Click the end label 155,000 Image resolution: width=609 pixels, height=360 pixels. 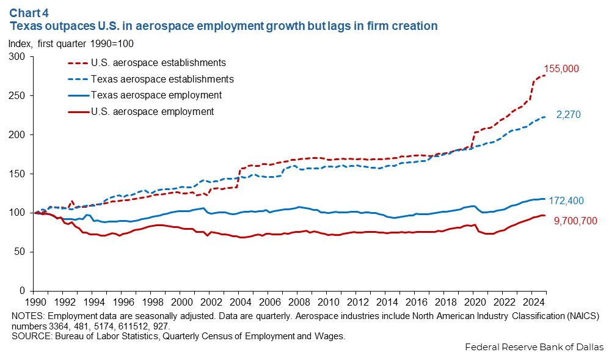[x=561, y=69]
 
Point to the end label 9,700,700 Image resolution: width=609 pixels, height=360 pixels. [x=575, y=221]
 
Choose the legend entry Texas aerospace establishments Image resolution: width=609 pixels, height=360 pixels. [x=162, y=79]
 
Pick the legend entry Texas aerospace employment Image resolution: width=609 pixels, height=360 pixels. [x=156, y=95]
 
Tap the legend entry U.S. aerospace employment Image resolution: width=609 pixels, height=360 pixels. [x=152, y=111]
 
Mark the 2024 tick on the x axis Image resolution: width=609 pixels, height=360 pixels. [x=533, y=303]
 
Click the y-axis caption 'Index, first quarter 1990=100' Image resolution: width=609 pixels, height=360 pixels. [x=71, y=43]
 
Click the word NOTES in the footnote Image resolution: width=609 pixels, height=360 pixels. [x=27, y=315]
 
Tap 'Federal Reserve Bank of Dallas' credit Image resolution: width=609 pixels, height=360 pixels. [x=534, y=347]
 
